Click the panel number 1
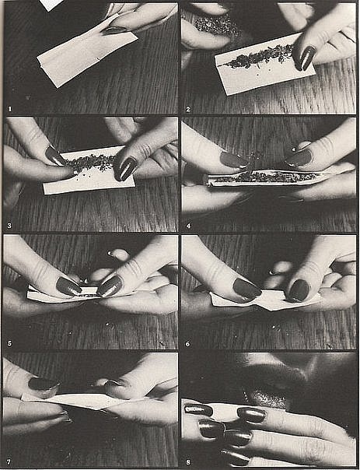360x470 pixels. [x=10, y=109]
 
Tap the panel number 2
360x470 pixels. [x=188, y=110]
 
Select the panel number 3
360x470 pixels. [x=9, y=226]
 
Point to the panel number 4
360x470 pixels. [x=188, y=226]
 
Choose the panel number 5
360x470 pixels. [x=9, y=343]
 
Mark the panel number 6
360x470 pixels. [x=188, y=344]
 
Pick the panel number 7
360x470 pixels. [x=9, y=462]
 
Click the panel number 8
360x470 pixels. [x=188, y=462]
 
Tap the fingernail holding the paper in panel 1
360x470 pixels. [x=114, y=30]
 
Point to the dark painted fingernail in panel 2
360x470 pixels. [x=305, y=58]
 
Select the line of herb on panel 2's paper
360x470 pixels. [x=259, y=55]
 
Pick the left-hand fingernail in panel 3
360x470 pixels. [x=54, y=156]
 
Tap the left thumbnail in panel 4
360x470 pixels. [x=234, y=160]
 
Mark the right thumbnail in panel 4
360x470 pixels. [x=299, y=158]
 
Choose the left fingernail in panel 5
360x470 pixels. [x=68, y=286]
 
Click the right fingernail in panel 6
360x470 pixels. [x=299, y=290]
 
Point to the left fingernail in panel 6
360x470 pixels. [x=246, y=289]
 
